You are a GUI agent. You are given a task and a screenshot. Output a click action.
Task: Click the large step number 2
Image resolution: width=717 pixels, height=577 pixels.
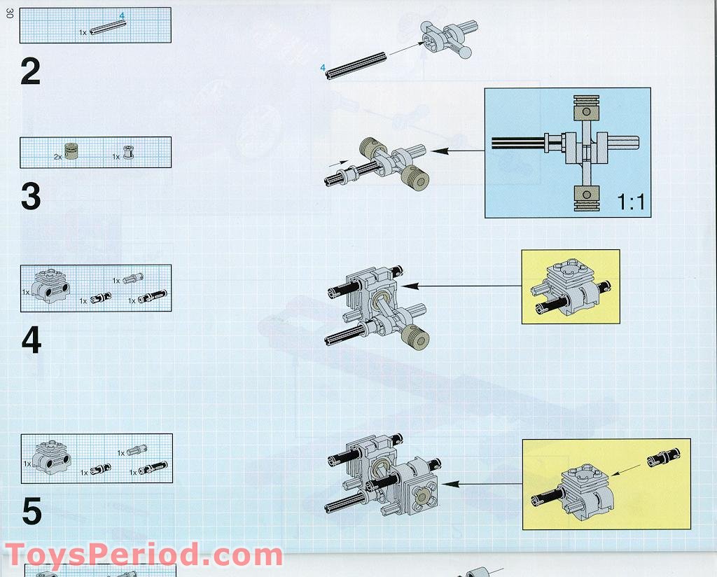pyautogui.click(x=30, y=71)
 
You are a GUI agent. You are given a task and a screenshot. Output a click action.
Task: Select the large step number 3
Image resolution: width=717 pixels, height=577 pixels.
pyautogui.click(x=30, y=197)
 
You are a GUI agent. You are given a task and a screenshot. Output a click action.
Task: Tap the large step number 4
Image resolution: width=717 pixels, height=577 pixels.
pyautogui.click(x=31, y=340)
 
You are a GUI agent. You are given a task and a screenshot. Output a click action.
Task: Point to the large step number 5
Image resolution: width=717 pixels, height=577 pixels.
pyautogui.click(x=32, y=511)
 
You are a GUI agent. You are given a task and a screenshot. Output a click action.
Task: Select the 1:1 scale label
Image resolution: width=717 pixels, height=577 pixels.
pyautogui.click(x=630, y=203)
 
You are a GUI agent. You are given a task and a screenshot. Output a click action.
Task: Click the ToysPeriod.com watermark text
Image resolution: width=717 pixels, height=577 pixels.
pyautogui.click(x=144, y=555)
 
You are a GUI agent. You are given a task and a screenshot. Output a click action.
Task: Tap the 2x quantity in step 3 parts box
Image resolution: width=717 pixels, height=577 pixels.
pyautogui.click(x=58, y=157)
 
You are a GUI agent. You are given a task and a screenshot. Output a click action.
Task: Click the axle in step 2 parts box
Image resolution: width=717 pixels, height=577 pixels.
pyautogui.click(x=108, y=27)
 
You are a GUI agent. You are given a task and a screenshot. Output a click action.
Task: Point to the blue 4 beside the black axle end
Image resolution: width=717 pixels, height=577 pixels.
pyautogui.click(x=323, y=67)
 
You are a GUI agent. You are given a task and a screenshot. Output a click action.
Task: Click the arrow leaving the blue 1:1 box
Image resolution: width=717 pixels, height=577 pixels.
pyautogui.click(x=459, y=151)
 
